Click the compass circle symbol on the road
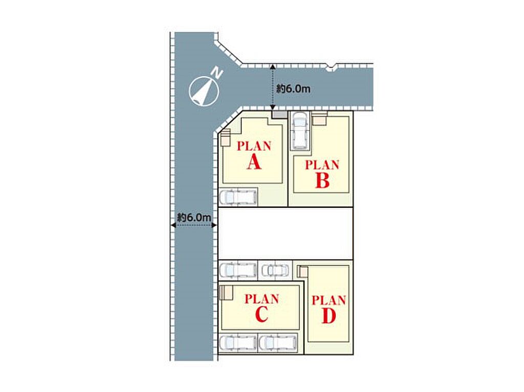pyautogui.click(x=204, y=91)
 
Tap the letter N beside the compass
pyautogui.click(x=218, y=73)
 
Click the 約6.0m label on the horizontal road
pyautogui.click(x=293, y=89)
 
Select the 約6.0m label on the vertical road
pyautogui.click(x=194, y=217)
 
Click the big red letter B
pyautogui.click(x=322, y=181)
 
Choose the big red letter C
pyautogui.click(x=261, y=314)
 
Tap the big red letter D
pyautogui.click(x=329, y=316)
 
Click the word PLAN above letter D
pyautogui.click(x=329, y=300)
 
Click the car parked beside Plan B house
pyautogui.click(x=299, y=131)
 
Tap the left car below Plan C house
pyautogui.click(x=238, y=342)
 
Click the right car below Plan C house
pyautogui.click(x=278, y=342)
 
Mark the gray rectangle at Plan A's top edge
pyautogui.click(x=279, y=115)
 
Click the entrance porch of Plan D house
pyautogui.click(x=303, y=271)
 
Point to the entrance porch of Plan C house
pyautogui.click(x=226, y=293)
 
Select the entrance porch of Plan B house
pyautogui.click(x=320, y=119)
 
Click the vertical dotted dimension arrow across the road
pyautogui.click(x=273, y=87)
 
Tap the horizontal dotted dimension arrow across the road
pyautogui.click(x=194, y=225)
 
